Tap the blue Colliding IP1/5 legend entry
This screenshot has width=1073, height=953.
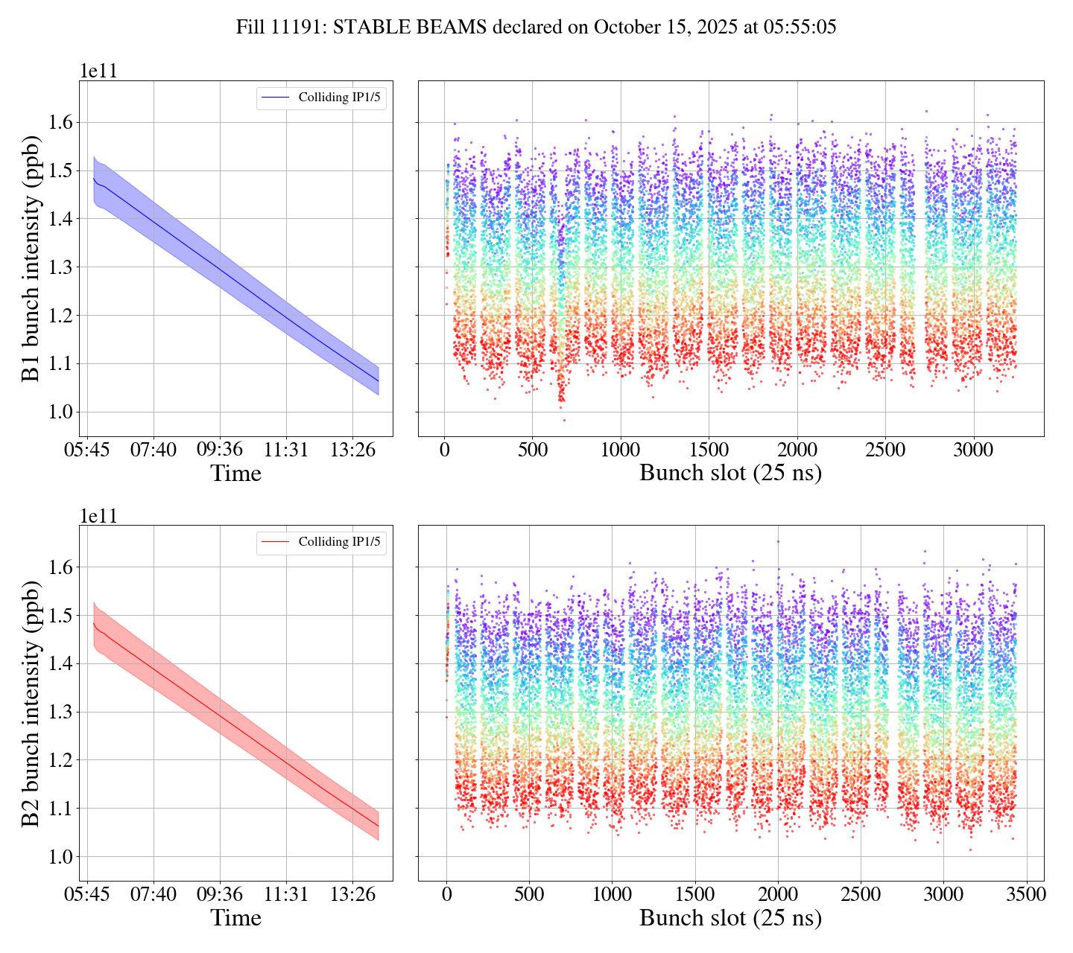click(321, 98)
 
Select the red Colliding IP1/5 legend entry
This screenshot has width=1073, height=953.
click(321, 542)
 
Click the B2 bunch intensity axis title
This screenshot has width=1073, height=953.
click(31, 703)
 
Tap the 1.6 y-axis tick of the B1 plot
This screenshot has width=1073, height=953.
click(59, 122)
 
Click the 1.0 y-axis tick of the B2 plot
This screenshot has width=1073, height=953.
click(59, 857)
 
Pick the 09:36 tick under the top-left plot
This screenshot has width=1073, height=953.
click(219, 450)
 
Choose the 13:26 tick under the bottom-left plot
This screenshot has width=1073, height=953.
click(352, 895)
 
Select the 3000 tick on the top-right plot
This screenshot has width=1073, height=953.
click(973, 450)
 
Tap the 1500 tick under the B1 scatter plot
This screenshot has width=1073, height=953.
click(709, 450)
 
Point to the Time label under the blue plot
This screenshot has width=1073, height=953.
click(235, 474)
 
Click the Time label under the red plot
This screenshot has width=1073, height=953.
click(235, 918)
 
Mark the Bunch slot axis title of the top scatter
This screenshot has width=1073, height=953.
click(730, 474)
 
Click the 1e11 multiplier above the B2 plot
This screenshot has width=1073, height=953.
click(98, 516)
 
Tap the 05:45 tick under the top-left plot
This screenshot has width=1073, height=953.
click(87, 450)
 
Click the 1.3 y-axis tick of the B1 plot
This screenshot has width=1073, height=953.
click(59, 267)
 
